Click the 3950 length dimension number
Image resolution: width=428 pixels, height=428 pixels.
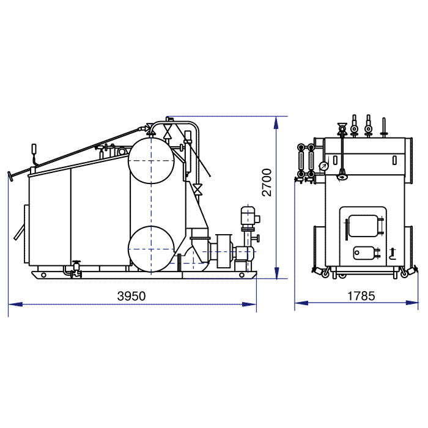(131, 296)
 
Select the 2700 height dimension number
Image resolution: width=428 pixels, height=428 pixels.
(267, 182)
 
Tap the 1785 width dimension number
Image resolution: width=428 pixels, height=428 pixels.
(361, 296)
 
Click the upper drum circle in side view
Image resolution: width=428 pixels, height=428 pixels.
(151, 160)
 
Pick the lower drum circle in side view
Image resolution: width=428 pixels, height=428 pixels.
(151, 249)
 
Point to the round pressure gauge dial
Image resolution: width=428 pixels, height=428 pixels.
(323, 166)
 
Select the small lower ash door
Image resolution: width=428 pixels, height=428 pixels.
(364, 253)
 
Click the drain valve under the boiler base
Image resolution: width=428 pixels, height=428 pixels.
(76, 270)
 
